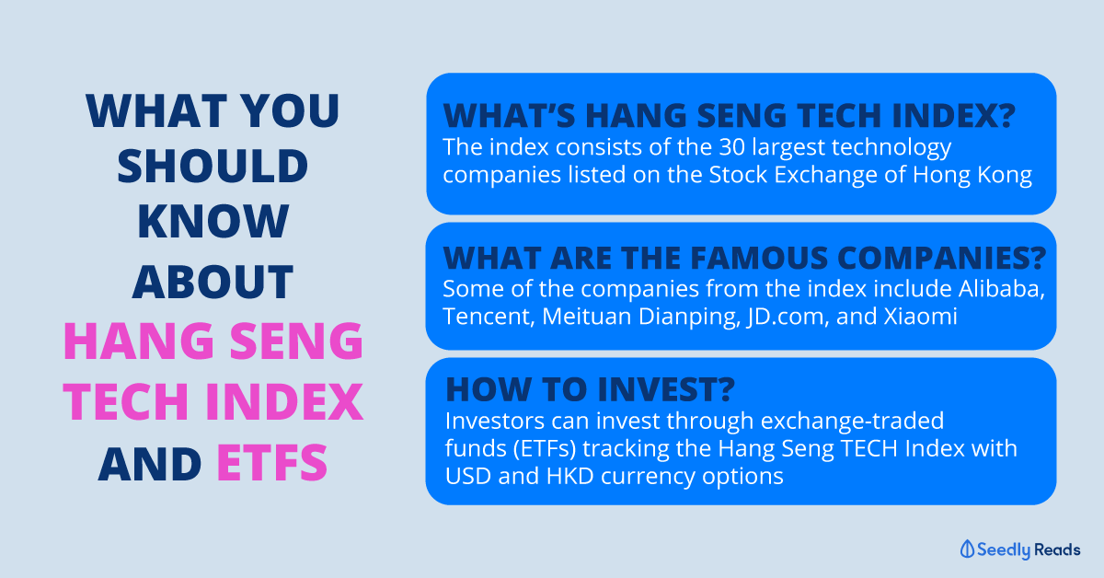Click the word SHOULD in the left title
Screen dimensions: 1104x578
click(213, 166)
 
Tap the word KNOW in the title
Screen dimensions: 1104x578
click(213, 222)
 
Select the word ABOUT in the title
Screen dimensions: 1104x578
click(213, 282)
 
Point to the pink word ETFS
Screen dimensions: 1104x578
click(272, 463)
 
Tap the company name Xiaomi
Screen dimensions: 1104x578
click(920, 317)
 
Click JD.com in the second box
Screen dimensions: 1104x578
click(788, 318)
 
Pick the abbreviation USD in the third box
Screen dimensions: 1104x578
click(467, 477)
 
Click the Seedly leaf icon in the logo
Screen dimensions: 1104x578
click(967, 549)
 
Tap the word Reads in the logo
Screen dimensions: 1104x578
click(1058, 549)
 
